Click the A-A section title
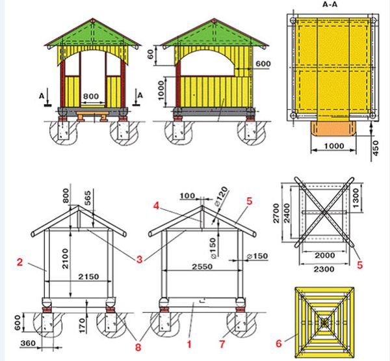[330, 5]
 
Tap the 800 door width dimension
[91, 96]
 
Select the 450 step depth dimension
[376, 148]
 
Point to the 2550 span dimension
[202, 267]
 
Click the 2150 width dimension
[88, 276]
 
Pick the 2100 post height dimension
[65, 258]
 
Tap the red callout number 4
[156, 206]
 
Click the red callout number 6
[279, 343]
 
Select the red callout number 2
[19, 262]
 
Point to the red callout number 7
[222, 344]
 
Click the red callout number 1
[189, 344]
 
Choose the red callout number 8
[138, 347]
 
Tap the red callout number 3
[140, 260]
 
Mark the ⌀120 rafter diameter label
[221, 196]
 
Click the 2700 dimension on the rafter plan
[276, 213]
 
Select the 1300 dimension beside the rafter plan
[356, 198]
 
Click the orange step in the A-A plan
[333, 129]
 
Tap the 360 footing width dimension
[28, 343]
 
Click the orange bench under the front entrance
[93, 116]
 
